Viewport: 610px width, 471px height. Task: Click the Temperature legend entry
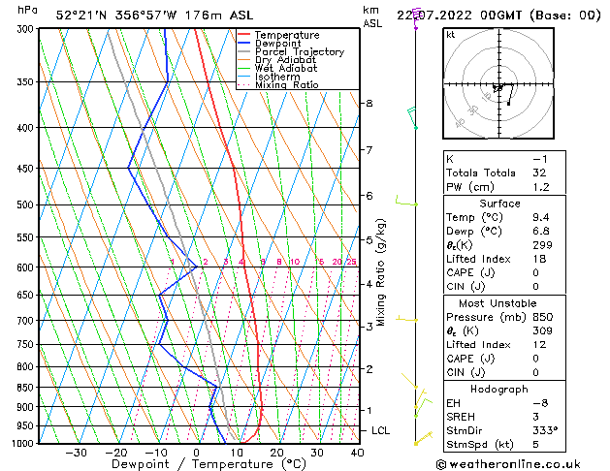pos(286,35)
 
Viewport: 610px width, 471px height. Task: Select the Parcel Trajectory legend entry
pos(299,52)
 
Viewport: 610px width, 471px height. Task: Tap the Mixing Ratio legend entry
pos(287,85)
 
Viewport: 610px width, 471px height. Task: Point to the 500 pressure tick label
pos(24,204)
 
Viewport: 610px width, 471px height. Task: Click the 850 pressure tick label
pos(24,387)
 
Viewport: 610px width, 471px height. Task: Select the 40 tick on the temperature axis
pos(357,453)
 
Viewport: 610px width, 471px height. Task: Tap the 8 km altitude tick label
pos(369,103)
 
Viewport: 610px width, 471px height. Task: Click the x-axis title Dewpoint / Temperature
pos(195,465)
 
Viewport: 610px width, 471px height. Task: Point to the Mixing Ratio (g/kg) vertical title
pos(382,272)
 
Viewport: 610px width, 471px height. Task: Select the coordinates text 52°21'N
pos(81,16)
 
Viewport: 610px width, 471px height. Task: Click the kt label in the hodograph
pos(451,35)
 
